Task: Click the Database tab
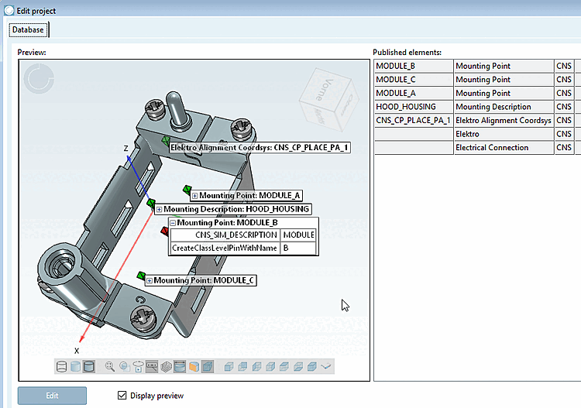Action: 29,30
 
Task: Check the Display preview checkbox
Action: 122,396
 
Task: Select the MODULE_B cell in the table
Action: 413,67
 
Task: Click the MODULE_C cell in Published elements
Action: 413,80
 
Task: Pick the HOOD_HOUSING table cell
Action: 413,107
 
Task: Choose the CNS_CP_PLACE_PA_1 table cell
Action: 413,120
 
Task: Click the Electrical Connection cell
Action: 503,147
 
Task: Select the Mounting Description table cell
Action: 503,107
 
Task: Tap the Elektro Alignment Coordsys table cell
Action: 503,120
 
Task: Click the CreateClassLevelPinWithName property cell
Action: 224,248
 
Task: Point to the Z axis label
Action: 125,148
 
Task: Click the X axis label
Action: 76,350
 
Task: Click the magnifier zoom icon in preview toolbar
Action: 110,366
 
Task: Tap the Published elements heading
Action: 407,52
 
